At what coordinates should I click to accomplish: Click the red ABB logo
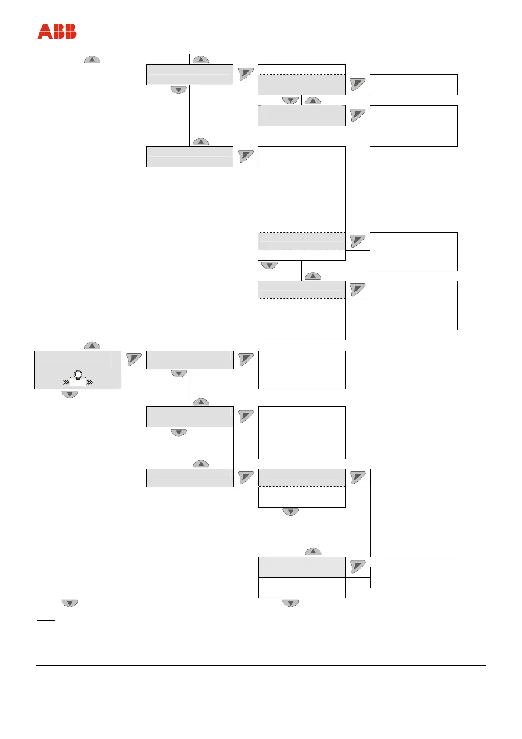click(57, 32)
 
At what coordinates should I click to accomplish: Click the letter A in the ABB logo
click(44, 32)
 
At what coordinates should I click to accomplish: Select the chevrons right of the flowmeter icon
click(89, 383)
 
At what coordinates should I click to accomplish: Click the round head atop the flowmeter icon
click(78, 374)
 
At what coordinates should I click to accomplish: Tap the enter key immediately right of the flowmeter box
click(134, 359)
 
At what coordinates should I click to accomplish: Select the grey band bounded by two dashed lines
click(302, 241)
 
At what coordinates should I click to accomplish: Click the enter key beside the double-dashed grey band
click(358, 240)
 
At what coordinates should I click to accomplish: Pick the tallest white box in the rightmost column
click(414, 513)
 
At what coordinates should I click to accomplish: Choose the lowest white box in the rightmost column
click(414, 577)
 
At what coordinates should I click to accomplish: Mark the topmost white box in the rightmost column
click(413, 84)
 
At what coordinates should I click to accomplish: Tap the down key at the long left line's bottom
click(70, 603)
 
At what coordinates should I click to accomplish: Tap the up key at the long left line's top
click(92, 60)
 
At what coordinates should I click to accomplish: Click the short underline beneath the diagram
click(46, 621)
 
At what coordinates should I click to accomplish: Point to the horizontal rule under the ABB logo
click(261, 43)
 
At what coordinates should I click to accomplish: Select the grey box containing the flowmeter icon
click(78, 369)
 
